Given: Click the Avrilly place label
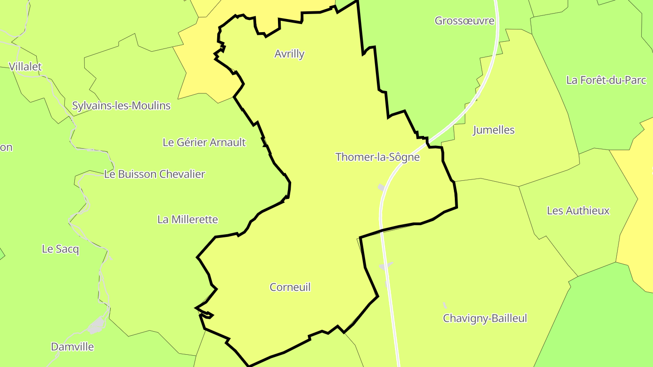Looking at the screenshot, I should [x=289, y=54].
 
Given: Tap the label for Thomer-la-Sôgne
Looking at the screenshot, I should [x=377, y=157].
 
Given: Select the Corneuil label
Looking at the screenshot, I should [x=290, y=287].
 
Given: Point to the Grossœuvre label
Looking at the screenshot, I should [x=464, y=21].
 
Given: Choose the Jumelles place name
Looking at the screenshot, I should [x=493, y=130].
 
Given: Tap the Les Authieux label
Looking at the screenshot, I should [x=578, y=211].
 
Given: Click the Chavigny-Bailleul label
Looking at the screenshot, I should [x=485, y=319].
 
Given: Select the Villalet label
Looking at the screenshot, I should [x=25, y=67].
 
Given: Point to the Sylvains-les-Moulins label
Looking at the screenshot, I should [x=121, y=106].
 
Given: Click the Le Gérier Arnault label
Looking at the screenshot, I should [x=204, y=142].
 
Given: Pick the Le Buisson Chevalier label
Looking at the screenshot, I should [x=155, y=174].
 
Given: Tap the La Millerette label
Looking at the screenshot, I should [x=188, y=220].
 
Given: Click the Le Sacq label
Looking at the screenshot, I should [x=60, y=249].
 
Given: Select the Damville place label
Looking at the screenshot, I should [x=73, y=347].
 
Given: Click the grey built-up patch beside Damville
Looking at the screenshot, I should [x=96, y=325].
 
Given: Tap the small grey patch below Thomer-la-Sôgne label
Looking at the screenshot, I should [x=381, y=187].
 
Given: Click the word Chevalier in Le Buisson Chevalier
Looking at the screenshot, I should [x=181, y=174].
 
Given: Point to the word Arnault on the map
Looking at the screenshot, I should [x=229, y=142].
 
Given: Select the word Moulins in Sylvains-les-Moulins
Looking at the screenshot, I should [x=151, y=106].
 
